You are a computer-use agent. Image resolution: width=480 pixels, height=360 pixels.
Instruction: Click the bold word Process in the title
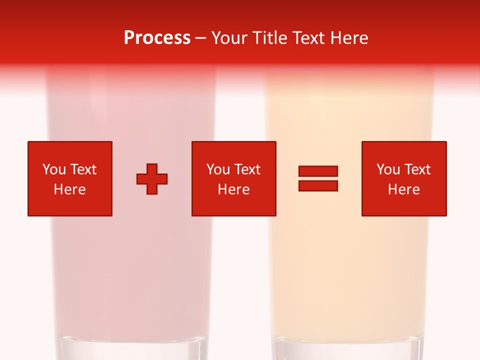(157, 38)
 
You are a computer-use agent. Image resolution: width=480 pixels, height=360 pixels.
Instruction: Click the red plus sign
(152, 179)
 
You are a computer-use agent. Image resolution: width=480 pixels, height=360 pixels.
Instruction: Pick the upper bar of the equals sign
(318, 171)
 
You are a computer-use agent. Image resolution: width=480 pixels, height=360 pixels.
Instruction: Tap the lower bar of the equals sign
(318, 186)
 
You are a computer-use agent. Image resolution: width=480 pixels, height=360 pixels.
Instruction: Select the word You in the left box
(54, 169)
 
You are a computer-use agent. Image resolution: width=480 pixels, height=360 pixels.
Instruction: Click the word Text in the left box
(82, 169)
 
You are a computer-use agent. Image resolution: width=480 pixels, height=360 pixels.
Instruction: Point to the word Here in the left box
(69, 189)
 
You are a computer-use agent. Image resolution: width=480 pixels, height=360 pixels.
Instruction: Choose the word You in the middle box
(218, 169)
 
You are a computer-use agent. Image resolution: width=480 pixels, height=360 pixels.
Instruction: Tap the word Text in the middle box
(246, 169)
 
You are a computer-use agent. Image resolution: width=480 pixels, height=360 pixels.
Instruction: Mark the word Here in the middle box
(233, 189)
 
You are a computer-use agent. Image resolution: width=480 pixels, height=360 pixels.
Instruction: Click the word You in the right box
(388, 169)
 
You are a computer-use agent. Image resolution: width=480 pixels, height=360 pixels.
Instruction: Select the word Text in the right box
(416, 169)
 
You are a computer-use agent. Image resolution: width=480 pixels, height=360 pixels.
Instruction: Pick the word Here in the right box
(403, 189)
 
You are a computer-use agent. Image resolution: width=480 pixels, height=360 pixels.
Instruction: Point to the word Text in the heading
(307, 38)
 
